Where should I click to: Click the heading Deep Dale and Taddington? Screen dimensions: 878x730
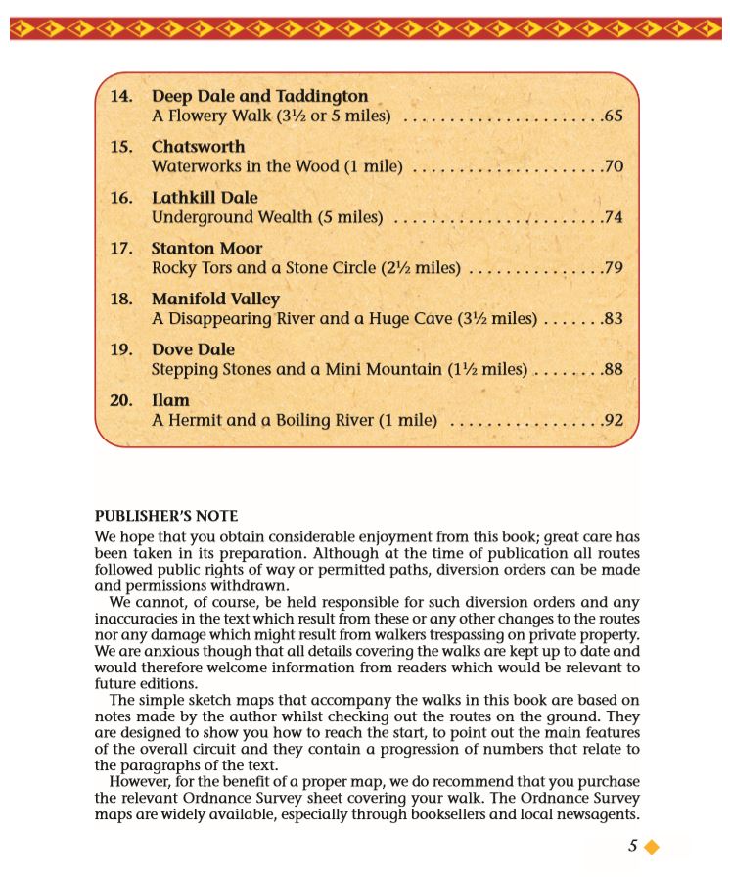coord(259,96)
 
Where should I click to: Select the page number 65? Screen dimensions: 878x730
coord(614,116)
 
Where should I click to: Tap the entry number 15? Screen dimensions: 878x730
coord(121,147)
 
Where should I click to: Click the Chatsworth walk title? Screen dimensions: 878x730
coord(198,147)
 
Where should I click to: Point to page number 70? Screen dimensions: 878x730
coord(614,167)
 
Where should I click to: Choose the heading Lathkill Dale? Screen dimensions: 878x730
coord(205,198)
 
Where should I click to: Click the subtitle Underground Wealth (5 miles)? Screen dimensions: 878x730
coord(267,217)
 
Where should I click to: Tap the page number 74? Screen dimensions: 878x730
coord(614,217)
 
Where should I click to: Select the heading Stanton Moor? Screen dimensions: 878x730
coord(206,249)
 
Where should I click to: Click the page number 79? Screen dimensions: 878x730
coord(614,268)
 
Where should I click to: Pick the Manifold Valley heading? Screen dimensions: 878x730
coord(215,299)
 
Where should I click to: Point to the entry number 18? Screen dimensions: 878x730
coord(121,299)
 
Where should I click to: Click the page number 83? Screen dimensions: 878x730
coord(614,319)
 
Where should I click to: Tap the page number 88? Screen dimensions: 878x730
coord(614,370)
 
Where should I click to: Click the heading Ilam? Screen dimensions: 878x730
coord(170,400)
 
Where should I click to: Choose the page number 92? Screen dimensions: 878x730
coord(614,421)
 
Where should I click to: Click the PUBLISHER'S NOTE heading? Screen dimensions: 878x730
coord(166,516)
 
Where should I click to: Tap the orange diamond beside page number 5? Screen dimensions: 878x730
coord(651,847)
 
